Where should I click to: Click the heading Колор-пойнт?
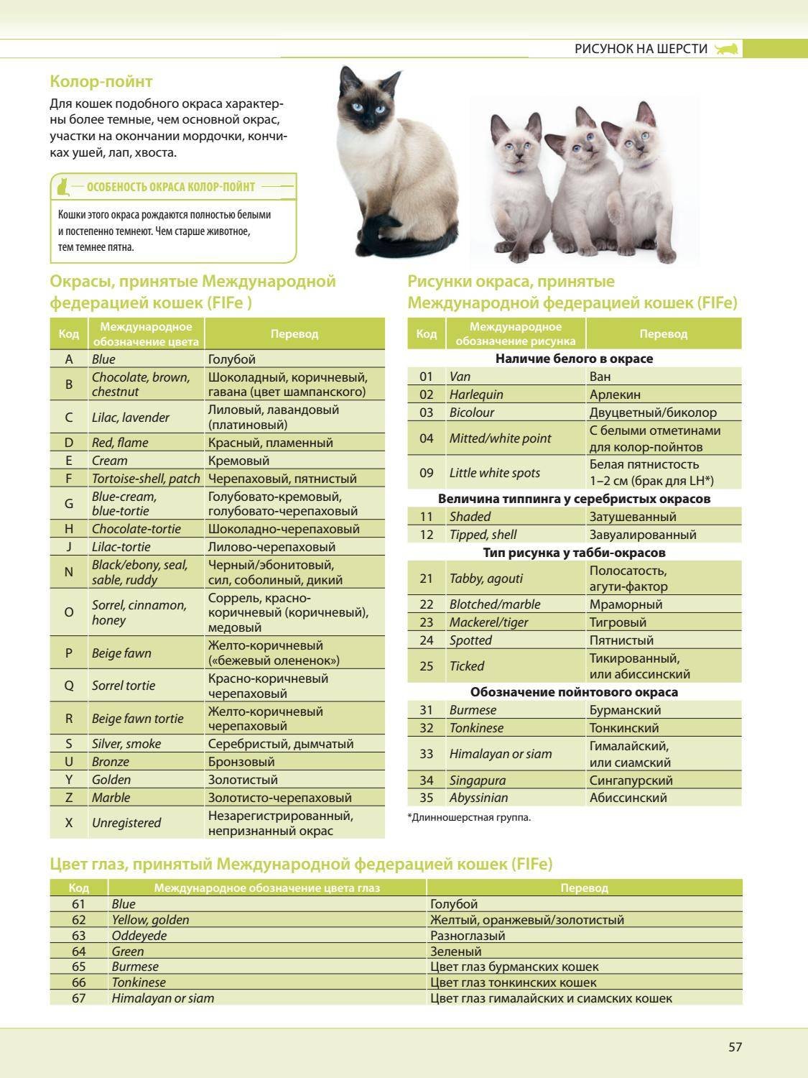pyautogui.click(x=101, y=81)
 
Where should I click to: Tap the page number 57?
pyautogui.click(x=735, y=1047)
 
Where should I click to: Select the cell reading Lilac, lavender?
pyautogui.click(x=130, y=418)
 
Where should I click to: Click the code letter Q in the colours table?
pyautogui.click(x=69, y=686)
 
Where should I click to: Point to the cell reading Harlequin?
pyautogui.click(x=476, y=395)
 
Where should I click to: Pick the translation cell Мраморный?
pyautogui.click(x=626, y=604)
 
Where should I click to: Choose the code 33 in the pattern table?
pyautogui.click(x=427, y=754)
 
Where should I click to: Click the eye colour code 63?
pyautogui.click(x=78, y=936)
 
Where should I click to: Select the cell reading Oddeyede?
pyautogui.click(x=139, y=936)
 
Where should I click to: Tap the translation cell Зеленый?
pyautogui.click(x=455, y=952)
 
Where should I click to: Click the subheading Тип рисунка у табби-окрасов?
pyautogui.click(x=574, y=553)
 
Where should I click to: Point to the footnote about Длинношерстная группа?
pyautogui.click(x=469, y=817)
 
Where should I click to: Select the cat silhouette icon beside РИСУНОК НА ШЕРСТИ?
pyautogui.click(x=727, y=49)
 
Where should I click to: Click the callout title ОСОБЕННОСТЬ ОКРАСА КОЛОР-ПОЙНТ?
pyautogui.click(x=170, y=187)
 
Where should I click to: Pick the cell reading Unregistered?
pyautogui.click(x=126, y=823)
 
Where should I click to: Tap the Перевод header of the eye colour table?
pyautogui.click(x=584, y=888)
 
